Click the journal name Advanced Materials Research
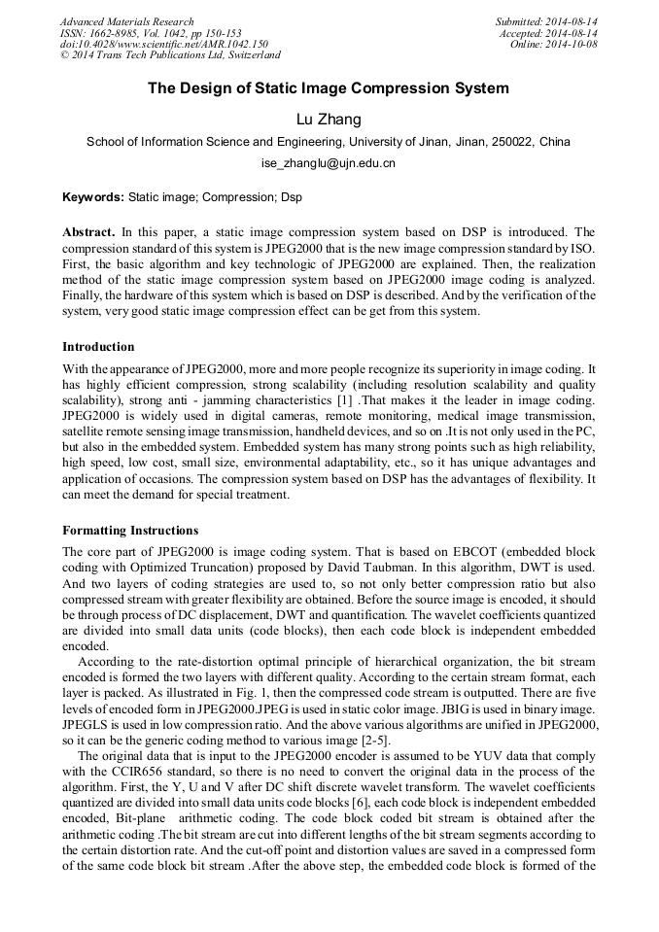click(126, 21)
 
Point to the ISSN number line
click(151, 32)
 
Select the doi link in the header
click(164, 44)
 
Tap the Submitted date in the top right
click(546, 21)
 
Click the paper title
click(329, 88)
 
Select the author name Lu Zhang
click(329, 120)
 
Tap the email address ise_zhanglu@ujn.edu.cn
click(329, 163)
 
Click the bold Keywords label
click(93, 196)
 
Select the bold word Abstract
click(88, 232)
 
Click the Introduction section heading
click(98, 347)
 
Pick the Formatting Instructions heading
click(130, 531)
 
